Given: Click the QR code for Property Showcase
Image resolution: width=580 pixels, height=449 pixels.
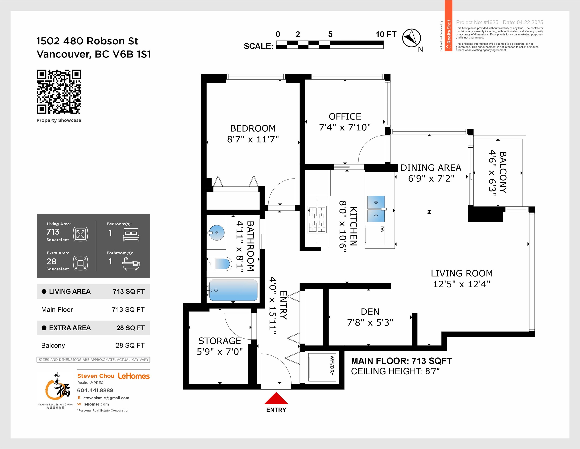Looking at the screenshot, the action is point(59,92).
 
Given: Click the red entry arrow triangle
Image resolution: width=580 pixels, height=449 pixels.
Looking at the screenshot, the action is point(276,398).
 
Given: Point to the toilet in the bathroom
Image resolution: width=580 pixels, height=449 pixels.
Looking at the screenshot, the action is point(219,264).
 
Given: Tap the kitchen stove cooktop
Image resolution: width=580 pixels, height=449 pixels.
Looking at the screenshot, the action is point(317,220).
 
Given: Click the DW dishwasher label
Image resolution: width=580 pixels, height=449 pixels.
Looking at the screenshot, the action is point(382,229).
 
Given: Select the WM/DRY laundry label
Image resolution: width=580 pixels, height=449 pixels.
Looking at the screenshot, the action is point(332,365).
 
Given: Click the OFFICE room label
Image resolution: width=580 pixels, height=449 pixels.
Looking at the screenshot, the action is point(345,116).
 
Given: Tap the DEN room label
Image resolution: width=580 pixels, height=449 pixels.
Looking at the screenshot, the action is point(370,312).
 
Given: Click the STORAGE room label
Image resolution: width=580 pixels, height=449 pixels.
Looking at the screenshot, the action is point(220,341).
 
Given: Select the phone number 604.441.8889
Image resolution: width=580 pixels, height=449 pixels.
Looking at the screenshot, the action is point(95,390).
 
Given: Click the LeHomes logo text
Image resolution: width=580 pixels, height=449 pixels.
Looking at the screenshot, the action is point(134,376).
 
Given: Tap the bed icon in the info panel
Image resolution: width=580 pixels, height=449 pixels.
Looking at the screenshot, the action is point(131,235).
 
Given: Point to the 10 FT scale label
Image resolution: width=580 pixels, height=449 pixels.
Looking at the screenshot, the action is point(386,34).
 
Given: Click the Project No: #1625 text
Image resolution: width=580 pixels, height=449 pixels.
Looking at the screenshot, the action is point(477,22).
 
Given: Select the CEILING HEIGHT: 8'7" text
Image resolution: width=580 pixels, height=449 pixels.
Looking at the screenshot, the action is point(395,371).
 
